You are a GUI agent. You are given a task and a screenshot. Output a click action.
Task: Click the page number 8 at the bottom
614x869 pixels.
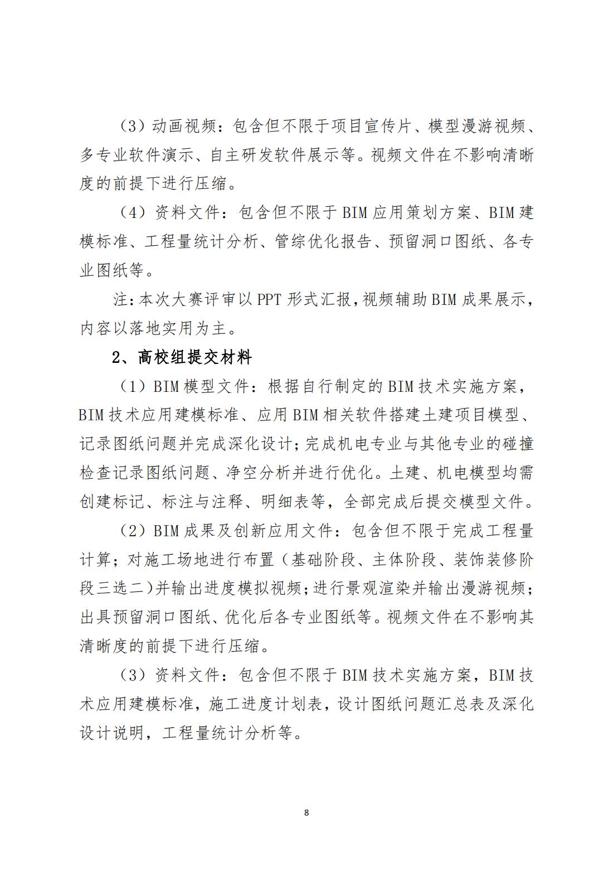pos(306,812)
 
